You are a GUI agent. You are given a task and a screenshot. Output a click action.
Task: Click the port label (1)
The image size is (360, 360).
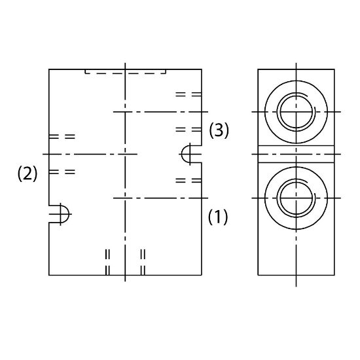tap(218, 217)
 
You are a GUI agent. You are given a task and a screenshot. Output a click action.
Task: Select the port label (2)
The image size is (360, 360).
tap(27, 173)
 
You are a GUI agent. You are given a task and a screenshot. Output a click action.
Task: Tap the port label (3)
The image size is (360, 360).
tap(219, 130)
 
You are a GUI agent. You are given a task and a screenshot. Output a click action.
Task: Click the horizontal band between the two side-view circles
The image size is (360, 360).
tap(296, 154)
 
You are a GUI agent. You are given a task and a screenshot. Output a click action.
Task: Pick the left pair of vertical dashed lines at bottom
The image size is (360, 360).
tap(107, 262)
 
